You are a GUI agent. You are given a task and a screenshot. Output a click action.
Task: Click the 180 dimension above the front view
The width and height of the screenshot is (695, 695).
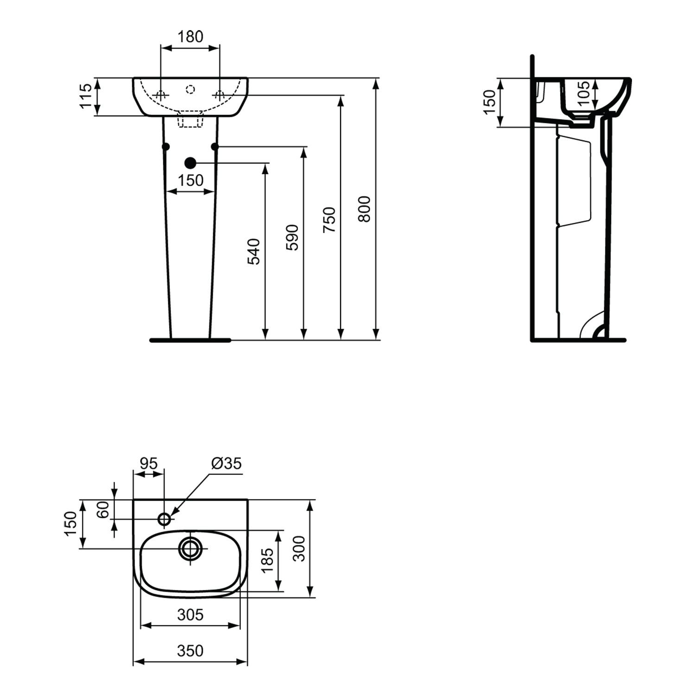click(190, 36)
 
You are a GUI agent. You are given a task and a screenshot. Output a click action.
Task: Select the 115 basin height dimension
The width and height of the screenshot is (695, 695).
click(86, 96)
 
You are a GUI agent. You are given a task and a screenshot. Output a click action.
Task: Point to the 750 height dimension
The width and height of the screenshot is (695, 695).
click(329, 220)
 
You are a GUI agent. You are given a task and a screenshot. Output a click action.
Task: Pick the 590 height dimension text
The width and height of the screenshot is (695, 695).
click(292, 238)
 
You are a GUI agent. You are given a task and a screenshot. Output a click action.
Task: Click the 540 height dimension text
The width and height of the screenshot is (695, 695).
click(254, 252)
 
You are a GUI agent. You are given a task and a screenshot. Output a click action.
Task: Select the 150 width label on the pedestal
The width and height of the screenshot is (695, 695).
click(191, 180)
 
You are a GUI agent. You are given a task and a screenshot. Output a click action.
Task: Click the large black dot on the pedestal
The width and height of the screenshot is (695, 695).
click(190, 163)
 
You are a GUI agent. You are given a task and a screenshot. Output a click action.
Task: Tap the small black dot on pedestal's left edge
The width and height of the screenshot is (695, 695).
click(166, 146)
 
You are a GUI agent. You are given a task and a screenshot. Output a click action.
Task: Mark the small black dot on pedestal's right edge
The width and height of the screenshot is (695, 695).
click(215, 146)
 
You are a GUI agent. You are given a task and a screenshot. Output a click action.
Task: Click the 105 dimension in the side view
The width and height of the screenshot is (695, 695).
click(584, 93)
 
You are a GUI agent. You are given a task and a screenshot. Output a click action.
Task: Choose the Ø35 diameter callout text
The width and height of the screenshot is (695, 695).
click(227, 463)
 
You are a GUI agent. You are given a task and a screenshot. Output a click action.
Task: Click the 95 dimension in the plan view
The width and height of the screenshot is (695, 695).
click(149, 463)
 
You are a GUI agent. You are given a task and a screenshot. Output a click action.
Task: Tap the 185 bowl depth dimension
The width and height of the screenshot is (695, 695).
click(268, 561)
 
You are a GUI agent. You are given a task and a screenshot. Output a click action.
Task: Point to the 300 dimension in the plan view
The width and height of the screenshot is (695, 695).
click(300, 549)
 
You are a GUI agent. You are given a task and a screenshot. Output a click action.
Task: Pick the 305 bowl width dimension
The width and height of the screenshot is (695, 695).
click(190, 615)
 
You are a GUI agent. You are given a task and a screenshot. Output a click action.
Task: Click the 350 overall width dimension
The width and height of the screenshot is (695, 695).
click(190, 651)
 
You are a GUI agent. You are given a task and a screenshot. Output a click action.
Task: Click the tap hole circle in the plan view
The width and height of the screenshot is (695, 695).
click(164, 519)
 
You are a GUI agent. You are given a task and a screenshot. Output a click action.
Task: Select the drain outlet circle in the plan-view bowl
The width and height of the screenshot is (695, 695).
click(190, 549)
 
